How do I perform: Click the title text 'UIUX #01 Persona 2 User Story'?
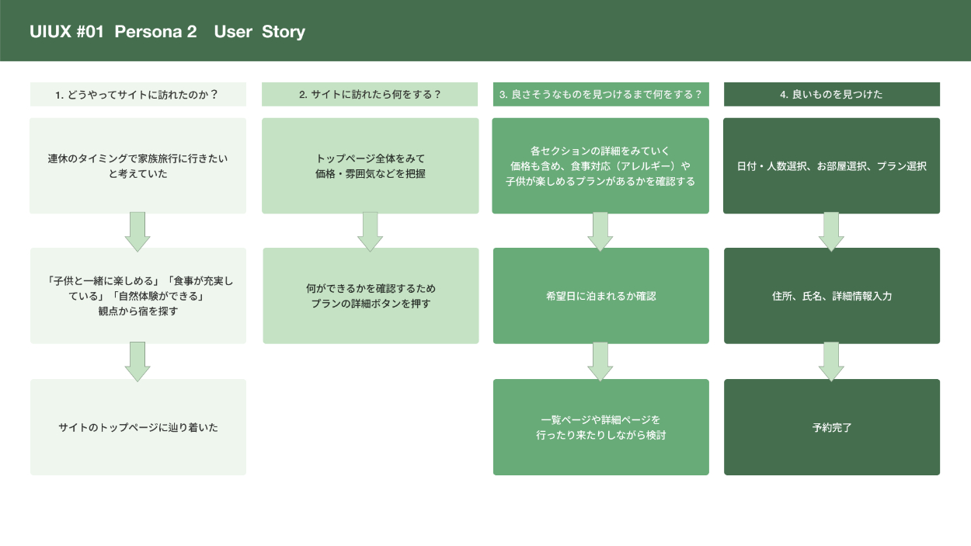pos(167,32)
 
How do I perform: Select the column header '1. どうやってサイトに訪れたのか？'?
pos(137,95)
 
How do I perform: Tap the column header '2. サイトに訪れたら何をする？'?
pos(370,95)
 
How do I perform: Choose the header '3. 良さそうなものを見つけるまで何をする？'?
pos(600,95)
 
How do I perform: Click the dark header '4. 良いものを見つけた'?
pos(831,95)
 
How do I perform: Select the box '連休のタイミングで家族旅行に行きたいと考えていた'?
pos(137,165)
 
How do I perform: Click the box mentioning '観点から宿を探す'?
pos(137,295)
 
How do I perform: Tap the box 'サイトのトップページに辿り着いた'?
pos(137,426)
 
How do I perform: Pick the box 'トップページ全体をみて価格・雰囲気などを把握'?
pos(370,165)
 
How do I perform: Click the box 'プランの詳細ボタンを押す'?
pos(370,295)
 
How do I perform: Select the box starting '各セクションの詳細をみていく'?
pos(600,165)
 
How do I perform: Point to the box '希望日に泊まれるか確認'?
pos(600,295)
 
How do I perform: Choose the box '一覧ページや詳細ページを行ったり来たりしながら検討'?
pos(600,426)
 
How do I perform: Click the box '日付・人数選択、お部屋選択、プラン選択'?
pos(831,165)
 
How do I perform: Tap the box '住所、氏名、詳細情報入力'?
pos(831,295)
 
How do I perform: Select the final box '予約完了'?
pos(831,426)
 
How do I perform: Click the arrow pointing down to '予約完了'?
pos(831,361)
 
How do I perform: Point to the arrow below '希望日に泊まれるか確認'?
pos(600,361)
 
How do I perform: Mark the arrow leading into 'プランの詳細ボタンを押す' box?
pos(370,231)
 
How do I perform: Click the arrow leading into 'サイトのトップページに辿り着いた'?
pos(137,361)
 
